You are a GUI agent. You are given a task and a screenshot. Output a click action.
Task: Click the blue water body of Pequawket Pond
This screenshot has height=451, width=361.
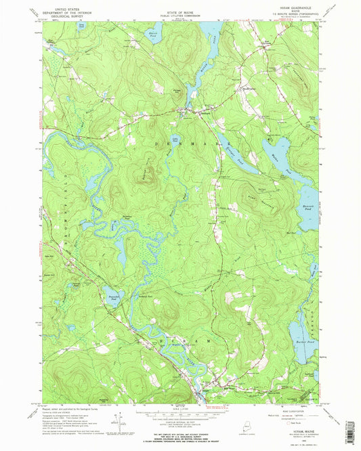click(111, 293)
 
